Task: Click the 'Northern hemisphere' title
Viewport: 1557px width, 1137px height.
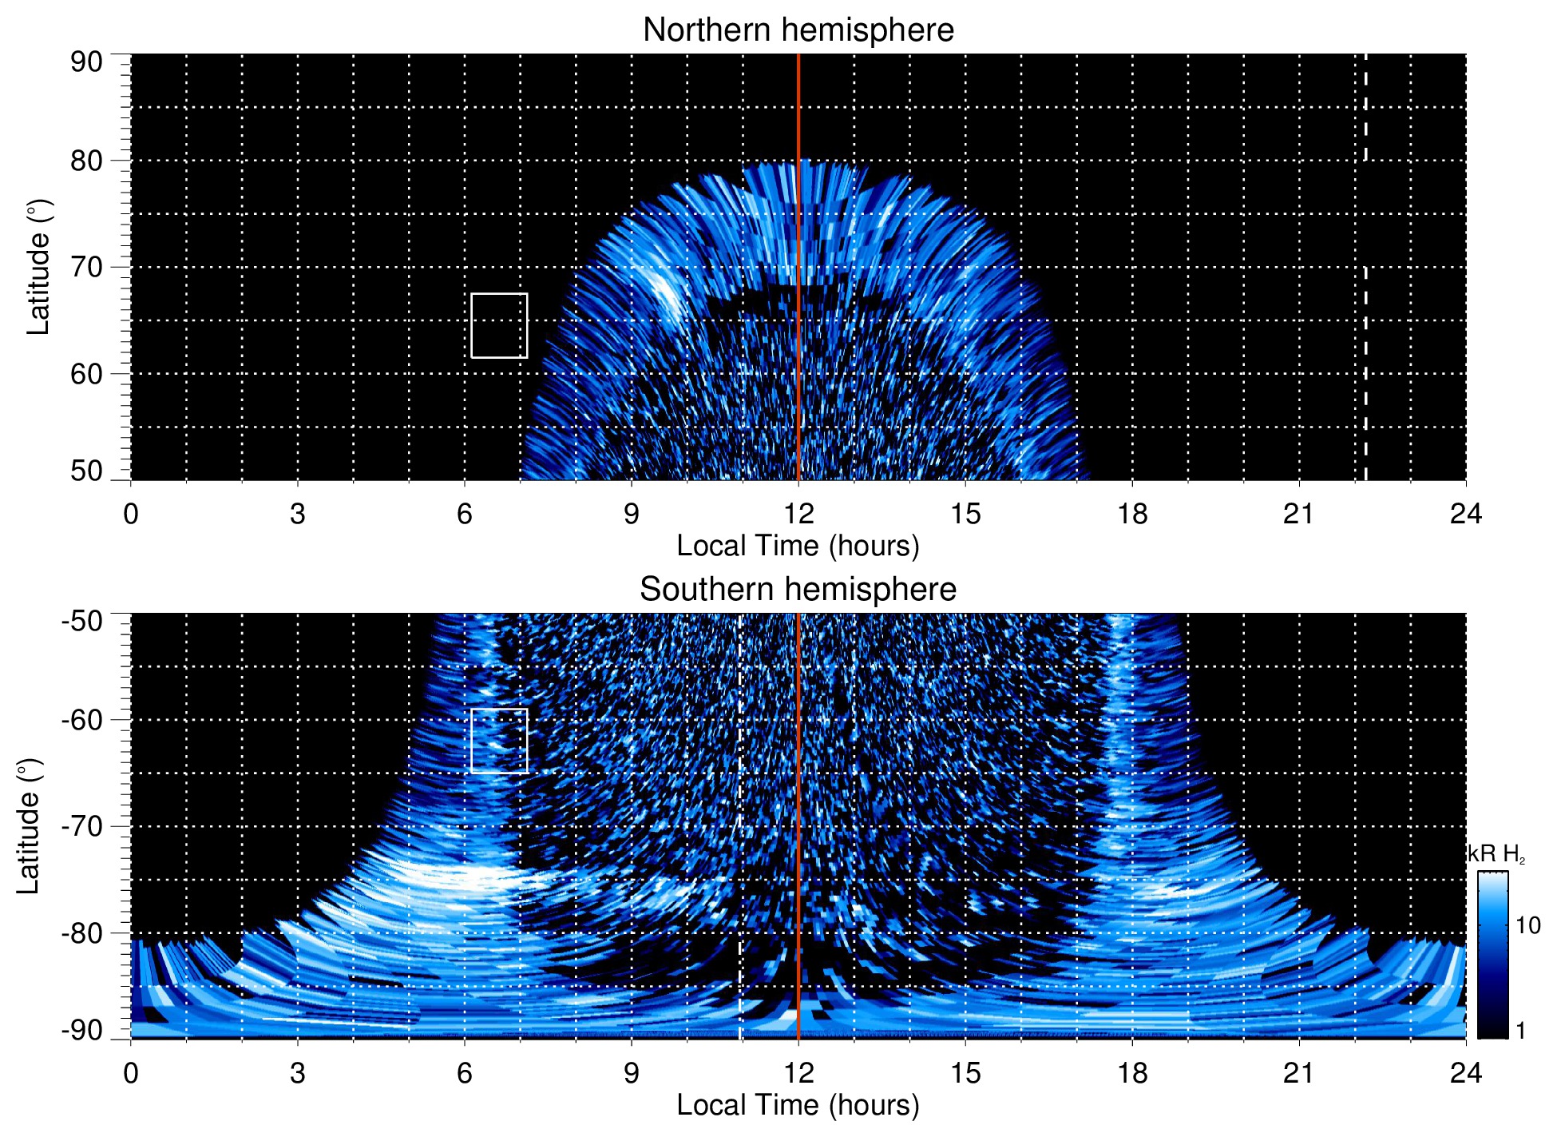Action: [x=798, y=30]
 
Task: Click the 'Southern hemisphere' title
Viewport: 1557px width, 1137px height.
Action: [x=798, y=590]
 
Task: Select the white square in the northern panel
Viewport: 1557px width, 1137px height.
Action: [x=499, y=325]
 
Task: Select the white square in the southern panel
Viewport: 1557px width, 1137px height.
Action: [x=499, y=741]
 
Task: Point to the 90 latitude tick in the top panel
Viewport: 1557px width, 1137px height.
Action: [x=86, y=62]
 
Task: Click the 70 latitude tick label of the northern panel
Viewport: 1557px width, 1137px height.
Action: [x=86, y=267]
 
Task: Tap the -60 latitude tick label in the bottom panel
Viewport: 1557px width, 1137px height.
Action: [x=82, y=720]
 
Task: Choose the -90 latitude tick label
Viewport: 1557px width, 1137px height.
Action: [x=82, y=1030]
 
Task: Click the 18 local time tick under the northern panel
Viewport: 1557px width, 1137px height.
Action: [x=1132, y=514]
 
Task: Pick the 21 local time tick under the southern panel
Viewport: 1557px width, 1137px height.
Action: [x=1299, y=1073]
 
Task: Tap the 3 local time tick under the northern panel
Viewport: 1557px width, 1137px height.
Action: [x=298, y=514]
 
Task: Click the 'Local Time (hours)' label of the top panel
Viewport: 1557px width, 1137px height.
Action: [x=798, y=546]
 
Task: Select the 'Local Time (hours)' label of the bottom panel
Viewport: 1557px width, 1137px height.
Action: [x=798, y=1105]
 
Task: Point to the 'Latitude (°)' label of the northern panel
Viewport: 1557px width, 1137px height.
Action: [x=38, y=267]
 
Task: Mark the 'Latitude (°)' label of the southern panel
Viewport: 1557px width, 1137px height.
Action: [x=29, y=826]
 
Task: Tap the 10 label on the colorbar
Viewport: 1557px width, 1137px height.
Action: [x=1527, y=925]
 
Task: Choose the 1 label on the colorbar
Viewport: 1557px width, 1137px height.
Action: [x=1520, y=1030]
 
